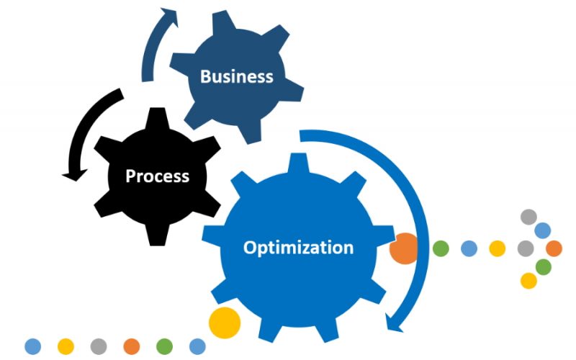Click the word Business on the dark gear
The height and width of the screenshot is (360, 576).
coord(237,76)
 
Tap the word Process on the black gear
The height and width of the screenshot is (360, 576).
coord(157,176)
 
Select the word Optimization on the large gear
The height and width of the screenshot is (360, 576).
coord(298,248)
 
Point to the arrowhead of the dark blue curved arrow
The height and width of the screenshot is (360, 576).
coord(170,17)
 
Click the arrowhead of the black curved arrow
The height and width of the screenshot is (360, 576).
coord(75,175)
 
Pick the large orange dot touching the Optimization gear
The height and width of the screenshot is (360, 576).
coord(404,248)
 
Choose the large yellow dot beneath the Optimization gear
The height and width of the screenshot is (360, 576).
coord(225,323)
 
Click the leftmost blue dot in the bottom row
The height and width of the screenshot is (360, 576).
coord(32,346)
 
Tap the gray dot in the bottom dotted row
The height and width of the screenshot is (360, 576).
coord(99,346)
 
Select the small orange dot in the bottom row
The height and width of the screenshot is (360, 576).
coord(132,346)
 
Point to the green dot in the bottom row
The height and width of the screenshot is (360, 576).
coord(164,346)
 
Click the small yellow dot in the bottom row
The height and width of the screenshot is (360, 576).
coord(66,346)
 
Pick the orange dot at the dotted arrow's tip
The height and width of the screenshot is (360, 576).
coord(554,248)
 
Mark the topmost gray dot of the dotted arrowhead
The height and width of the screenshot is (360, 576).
coord(528,217)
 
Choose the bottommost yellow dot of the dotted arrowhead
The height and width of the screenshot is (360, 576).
coord(528,281)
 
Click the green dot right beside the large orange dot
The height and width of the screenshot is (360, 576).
coord(441,248)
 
